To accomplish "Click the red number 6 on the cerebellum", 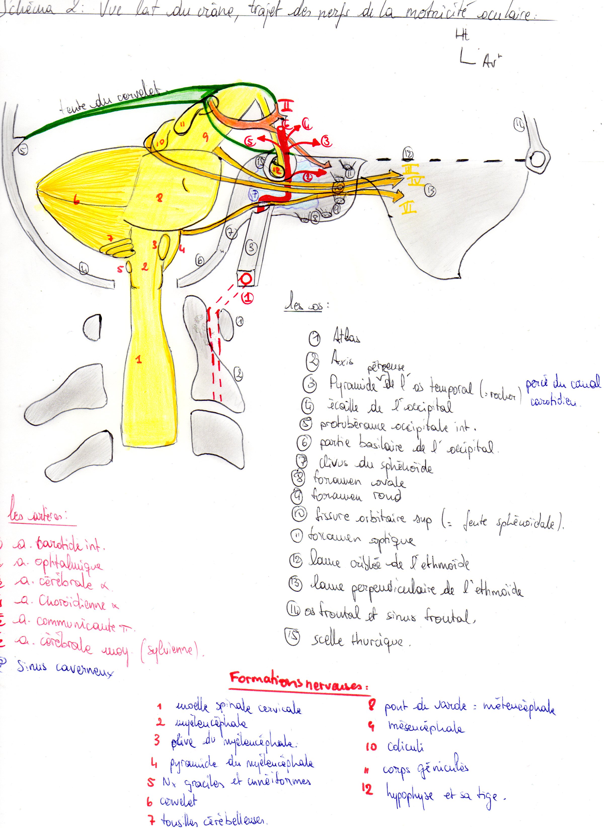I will coord(76,200).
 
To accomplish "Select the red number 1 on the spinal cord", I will coord(139,359).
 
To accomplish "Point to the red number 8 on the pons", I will coord(159,198).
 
